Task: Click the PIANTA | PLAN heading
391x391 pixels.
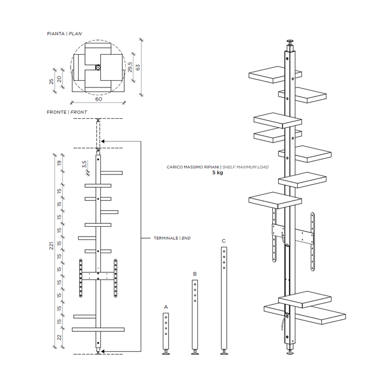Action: pyautogui.click(x=65, y=34)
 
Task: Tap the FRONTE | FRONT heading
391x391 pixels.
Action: pyautogui.click(x=67, y=112)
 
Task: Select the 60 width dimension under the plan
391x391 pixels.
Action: pyautogui.click(x=99, y=99)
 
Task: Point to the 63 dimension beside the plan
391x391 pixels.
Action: pyautogui.click(x=138, y=67)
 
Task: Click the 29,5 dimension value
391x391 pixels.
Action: pyautogui.click(x=130, y=67)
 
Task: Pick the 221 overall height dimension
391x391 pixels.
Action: pyautogui.click(x=51, y=246)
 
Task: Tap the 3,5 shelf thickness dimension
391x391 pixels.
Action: pyautogui.click(x=84, y=164)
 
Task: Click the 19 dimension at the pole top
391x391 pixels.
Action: pyautogui.click(x=59, y=163)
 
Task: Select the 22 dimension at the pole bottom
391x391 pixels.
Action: pyautogui.click(x=59, y=338)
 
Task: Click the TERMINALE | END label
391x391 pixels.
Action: pyautogui.click(x=172, y=238)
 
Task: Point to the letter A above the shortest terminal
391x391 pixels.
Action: pyautogui.click(x=166, y=307)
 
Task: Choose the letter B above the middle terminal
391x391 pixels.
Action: pyautogui.click(x=195, y=274)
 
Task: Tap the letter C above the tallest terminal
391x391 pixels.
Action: pyautogui.click(x=224, y=241)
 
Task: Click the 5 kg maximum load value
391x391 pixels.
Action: pyautogui.click(x=217, y=173)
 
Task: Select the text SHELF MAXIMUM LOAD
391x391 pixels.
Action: pyautogui.click(x=245, y=167)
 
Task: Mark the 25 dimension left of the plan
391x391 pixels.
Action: pyautogui.click(x=51, y=82)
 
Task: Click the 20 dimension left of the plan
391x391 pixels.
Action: pyautogui.click(x=59, y=79)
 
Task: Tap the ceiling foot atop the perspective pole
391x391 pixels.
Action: pyautogui.click(x=290, y=42)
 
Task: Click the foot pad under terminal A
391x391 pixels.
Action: pyautogui.click(x=166, y=352)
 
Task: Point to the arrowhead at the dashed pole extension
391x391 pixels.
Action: pyautogui.click(x=103, y=141)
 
